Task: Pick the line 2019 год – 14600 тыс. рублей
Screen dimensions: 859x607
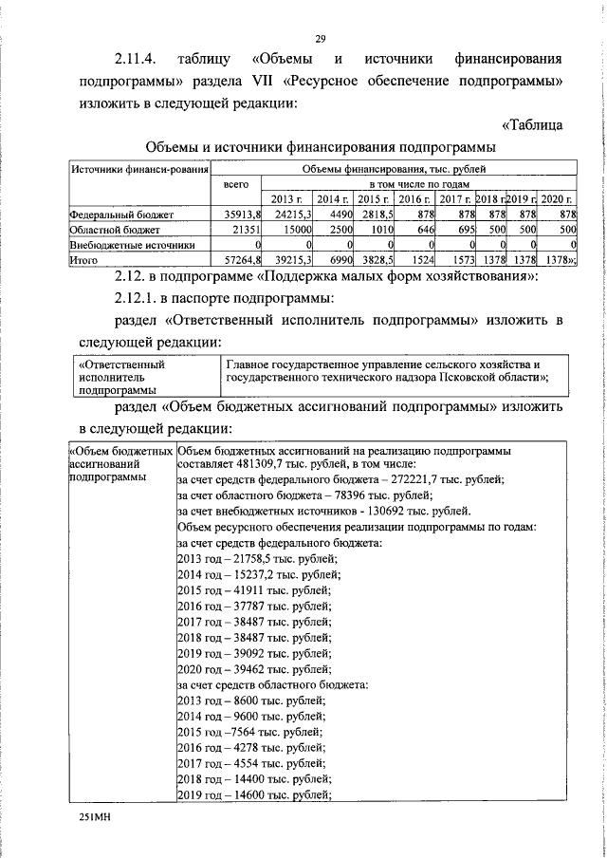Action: pyautogui.click(x=253, y=795)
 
